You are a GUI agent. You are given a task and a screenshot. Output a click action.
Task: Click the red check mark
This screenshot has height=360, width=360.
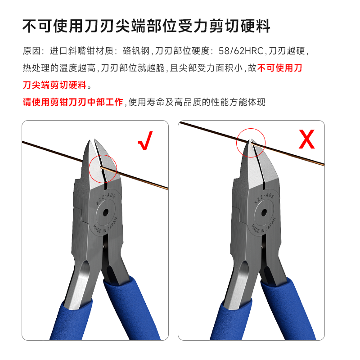[145, 140]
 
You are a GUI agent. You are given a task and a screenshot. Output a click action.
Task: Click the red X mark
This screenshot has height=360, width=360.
[307, 139]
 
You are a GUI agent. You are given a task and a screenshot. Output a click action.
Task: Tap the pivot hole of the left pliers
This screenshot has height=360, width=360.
[106, 212]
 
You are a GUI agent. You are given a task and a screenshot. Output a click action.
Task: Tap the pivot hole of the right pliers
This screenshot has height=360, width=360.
[264, 212]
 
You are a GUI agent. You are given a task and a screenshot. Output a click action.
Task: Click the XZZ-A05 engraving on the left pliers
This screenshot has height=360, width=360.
[105, 199]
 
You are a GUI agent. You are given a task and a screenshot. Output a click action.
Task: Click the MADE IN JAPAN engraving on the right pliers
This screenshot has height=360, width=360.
[263, 226]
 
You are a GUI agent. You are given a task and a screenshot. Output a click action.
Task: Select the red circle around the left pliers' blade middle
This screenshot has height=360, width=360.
[103, 169]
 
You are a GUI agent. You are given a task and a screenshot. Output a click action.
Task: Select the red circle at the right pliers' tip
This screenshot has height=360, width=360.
[251, 143]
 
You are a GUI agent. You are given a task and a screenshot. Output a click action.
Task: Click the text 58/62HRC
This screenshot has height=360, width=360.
[241, 51]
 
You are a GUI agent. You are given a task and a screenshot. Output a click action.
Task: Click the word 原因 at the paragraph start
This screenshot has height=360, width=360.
[31, 51]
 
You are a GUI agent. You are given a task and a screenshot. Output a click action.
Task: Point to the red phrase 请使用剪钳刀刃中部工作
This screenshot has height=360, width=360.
[73, 102]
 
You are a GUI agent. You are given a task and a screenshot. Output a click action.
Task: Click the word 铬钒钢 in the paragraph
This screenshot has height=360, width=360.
[136, 51]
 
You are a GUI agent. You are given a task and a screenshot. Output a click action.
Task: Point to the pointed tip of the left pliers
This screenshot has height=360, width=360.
[90, 140]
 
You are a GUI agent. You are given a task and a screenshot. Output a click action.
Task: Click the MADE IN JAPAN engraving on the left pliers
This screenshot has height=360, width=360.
[105, 225]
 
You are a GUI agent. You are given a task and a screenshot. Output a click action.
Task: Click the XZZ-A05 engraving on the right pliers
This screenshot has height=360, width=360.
[264, 199]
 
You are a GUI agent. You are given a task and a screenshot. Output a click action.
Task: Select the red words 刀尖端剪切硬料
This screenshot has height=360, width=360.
[54, 85]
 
